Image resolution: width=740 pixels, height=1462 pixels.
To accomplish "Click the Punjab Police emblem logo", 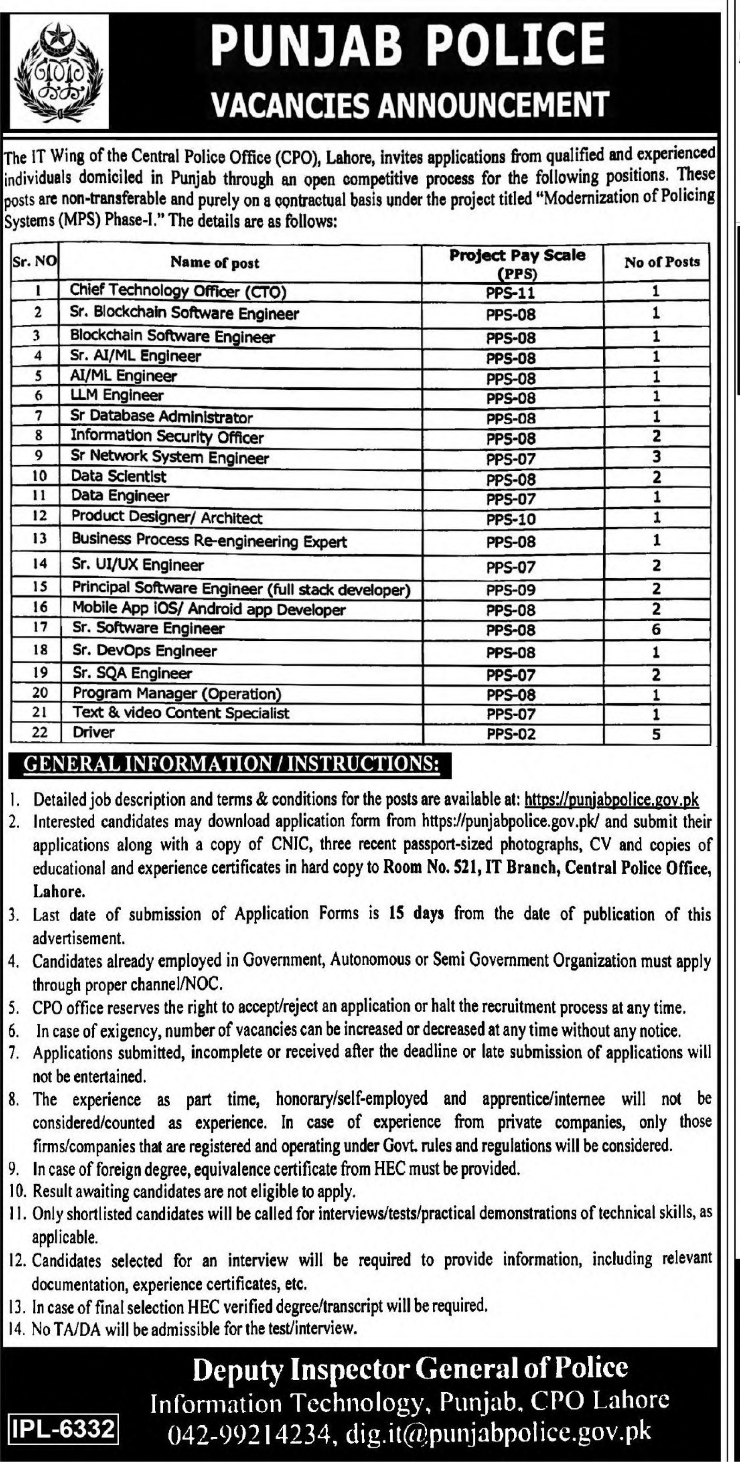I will [60, 72].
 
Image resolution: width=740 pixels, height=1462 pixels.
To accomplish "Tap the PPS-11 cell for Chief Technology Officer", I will [511, 293].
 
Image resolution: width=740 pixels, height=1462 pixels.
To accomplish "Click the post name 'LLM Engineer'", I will [117, 395].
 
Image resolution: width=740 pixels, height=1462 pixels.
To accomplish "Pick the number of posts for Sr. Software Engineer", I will [656, 629].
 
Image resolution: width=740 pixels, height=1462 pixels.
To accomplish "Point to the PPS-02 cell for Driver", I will [511, 734].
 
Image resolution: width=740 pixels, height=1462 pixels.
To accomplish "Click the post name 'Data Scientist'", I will [119, 476].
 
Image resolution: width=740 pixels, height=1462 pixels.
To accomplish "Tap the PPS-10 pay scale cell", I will [511, 519].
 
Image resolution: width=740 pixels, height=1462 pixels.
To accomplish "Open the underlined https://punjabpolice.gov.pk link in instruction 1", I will [611, 800].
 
